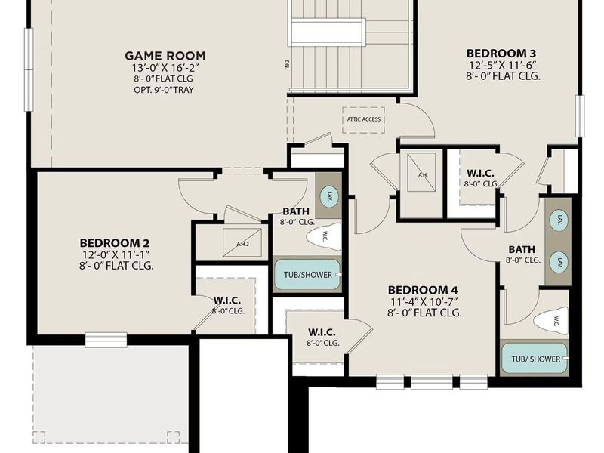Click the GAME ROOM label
click(x=165, y=55)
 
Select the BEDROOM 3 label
click(x=501, y=53)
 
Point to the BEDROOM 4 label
click(x=423, y=289)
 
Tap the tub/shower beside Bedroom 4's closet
click(x=307, y=275)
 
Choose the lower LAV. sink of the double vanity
click(x=559, y=261)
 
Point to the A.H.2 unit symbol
click(x=242, y=242)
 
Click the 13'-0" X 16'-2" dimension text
click(x=165, y=68)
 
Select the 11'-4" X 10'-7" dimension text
click(x=423, y=301)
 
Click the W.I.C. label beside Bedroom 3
click(x=480, y=173)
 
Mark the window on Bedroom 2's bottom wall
click(x=106, y=340)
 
